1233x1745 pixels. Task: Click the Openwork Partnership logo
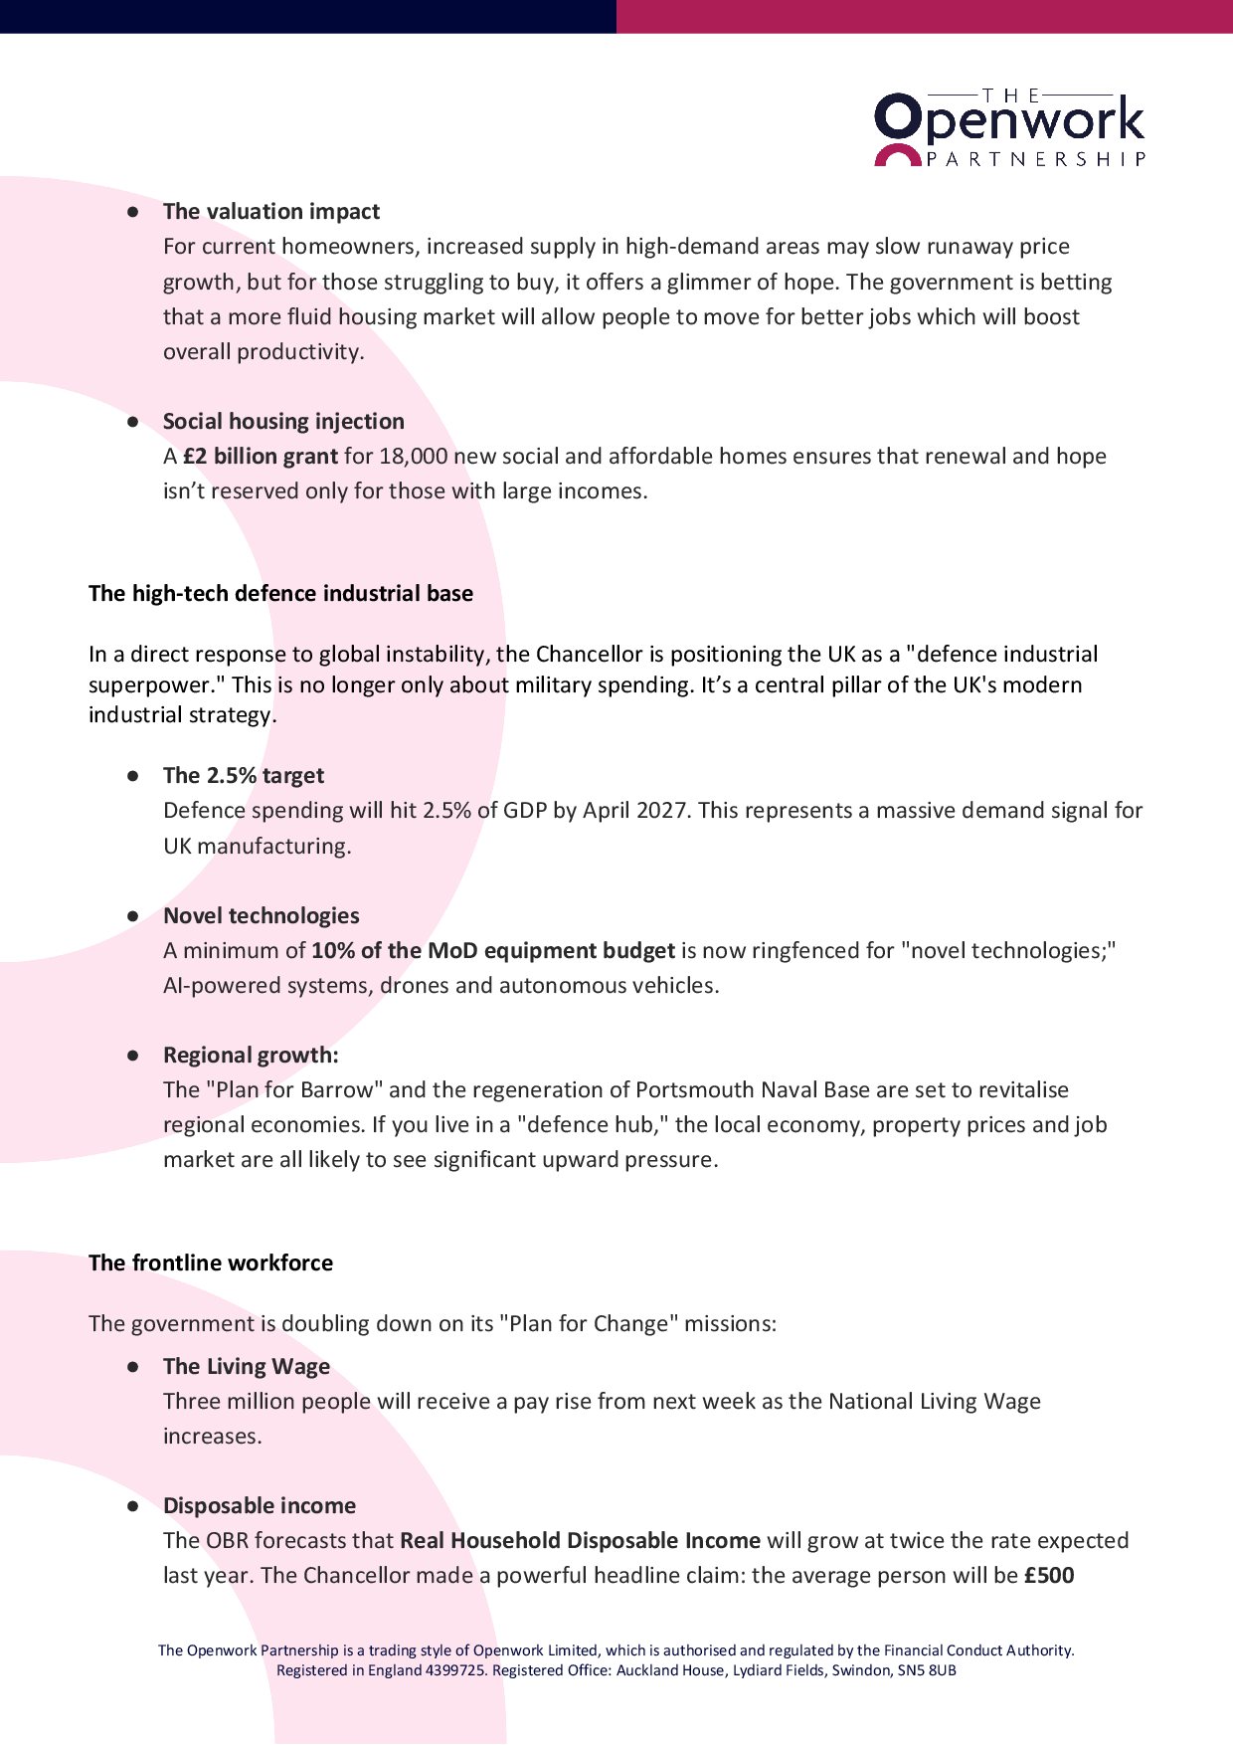click(1009, 127)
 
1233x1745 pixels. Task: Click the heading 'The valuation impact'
click(270, 211)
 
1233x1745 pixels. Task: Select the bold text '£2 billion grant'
click(260, 456)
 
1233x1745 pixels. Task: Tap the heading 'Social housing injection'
click(283, 421)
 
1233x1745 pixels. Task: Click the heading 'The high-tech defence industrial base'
click(280, 593)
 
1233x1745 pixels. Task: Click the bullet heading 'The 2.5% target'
click(244, 775)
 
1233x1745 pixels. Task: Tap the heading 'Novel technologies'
click(261, 915)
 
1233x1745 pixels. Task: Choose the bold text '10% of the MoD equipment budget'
click(492, 950)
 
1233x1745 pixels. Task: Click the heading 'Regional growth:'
click(251, 1055)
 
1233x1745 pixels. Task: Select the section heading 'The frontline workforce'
click(211, 1262)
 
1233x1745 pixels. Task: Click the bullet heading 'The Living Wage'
click(247, 1366)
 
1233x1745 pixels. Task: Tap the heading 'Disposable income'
click(259, 1505)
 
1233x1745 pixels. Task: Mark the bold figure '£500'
click(1048, 1575)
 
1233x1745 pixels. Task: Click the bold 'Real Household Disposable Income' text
click(580, 1540)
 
